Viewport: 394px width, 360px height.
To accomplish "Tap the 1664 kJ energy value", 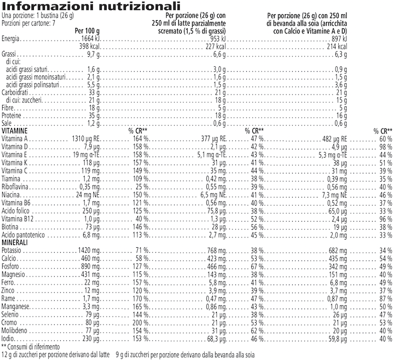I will click(89, 40).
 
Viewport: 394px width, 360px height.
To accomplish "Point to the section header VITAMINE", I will click(15, 131).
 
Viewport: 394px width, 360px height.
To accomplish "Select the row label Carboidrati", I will click(15, 93).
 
